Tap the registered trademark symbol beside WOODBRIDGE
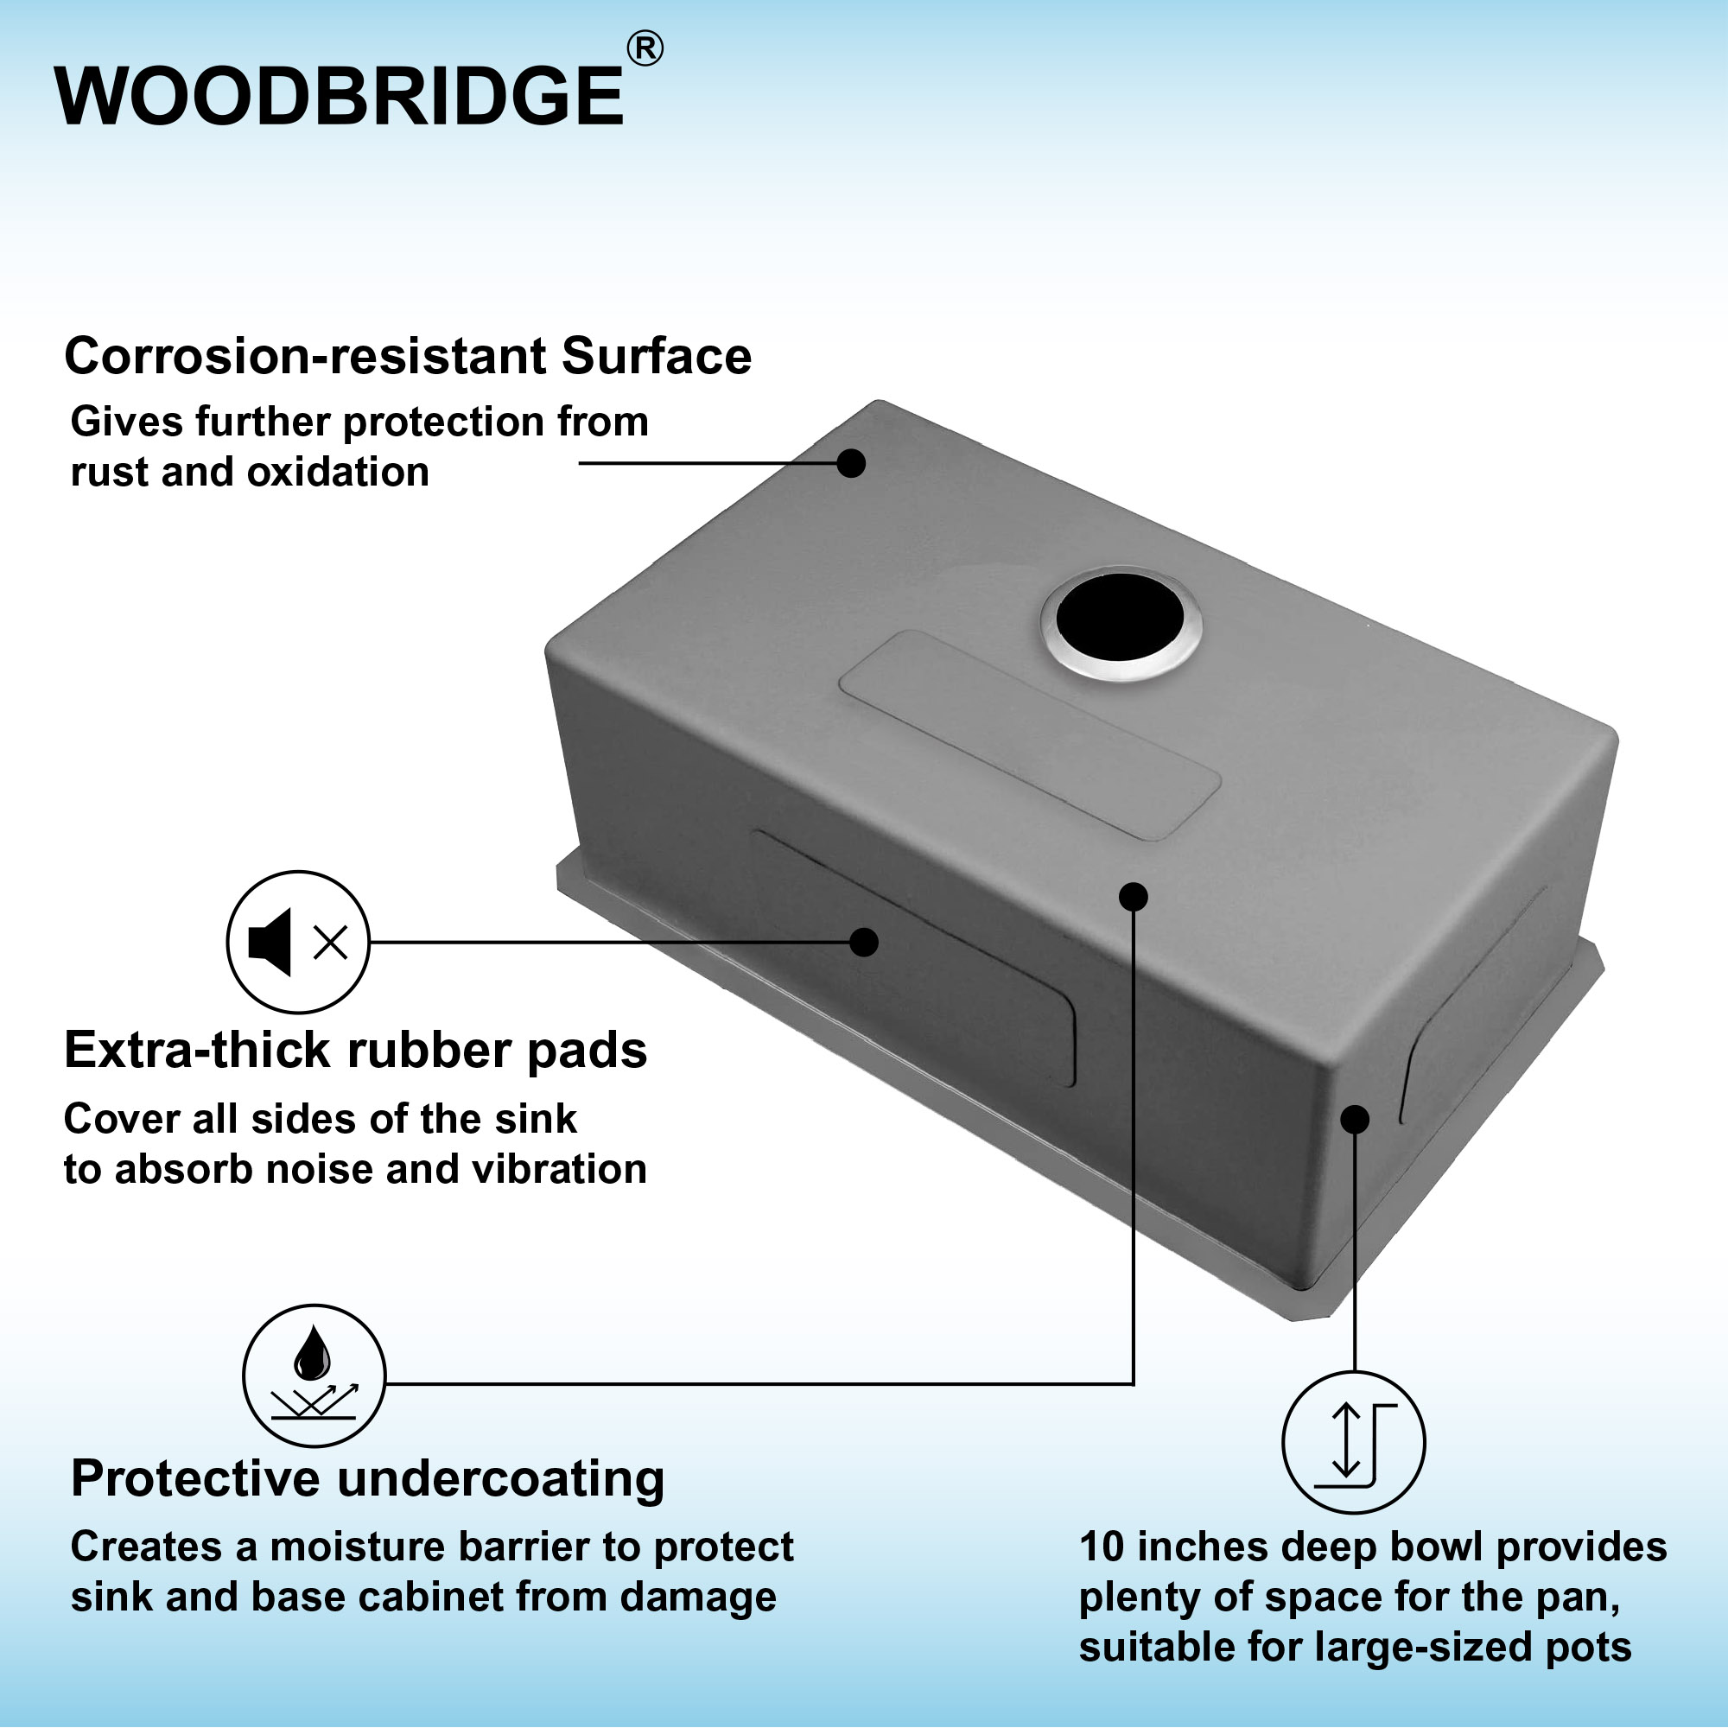[645, 49]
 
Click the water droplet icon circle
[314, 1375]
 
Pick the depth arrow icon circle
[1353, 1443]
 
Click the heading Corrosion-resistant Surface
[408, 356]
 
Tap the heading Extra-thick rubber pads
[356, 1050]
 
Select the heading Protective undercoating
[367, 1477]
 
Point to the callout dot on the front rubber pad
[863, 942]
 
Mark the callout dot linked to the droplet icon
[1134, 896]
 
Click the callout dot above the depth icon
[1355, 1119]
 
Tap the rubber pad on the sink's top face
[1030, 734]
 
